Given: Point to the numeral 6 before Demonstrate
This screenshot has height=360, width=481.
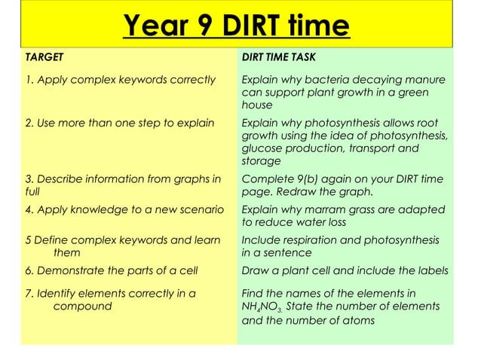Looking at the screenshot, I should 29,271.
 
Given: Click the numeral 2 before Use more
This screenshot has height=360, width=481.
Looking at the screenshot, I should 29,123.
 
